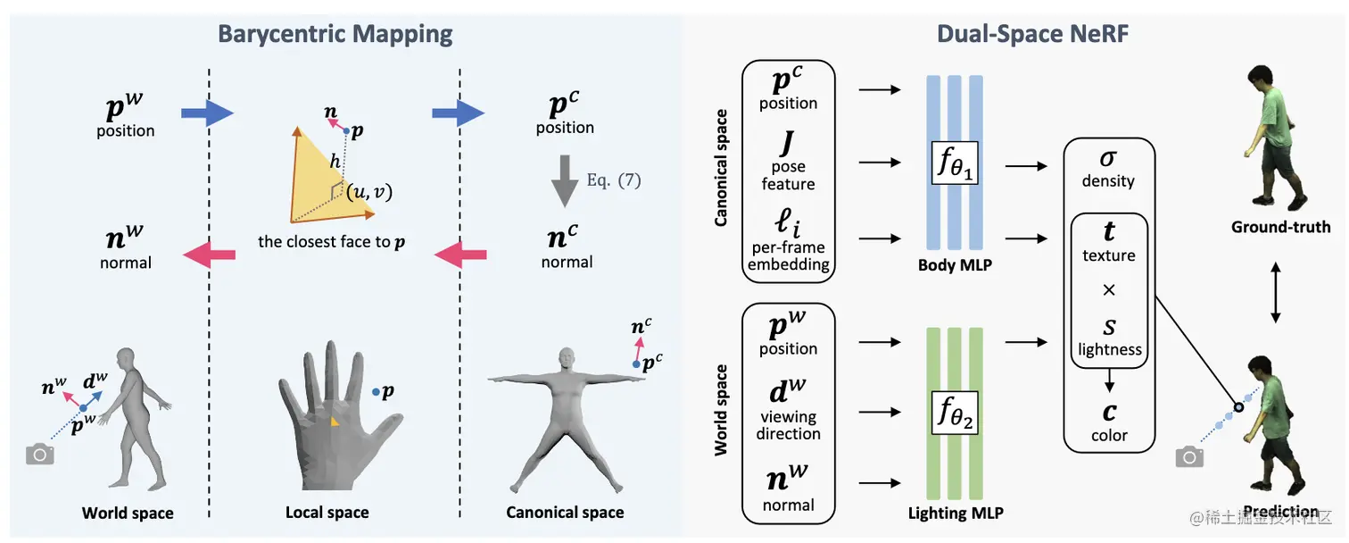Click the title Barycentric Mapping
coord(335,35)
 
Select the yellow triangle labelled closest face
coord(316,179)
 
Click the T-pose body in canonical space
coord(565,420)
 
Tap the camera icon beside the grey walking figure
coord(40,455)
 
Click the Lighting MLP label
coord(955,513)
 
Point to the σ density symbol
coord(1108,158)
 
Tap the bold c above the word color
coord(1109,412)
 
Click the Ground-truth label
coord(1280,227)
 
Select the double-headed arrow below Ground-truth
coord(1276,292)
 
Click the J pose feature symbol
coord(787,143)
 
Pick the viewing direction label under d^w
coord(788,425)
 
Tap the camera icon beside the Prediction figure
coord(1189,457)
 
